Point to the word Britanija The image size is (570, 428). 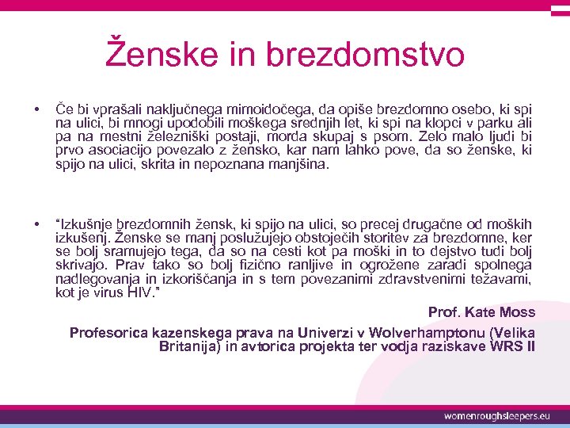(192, 346)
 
